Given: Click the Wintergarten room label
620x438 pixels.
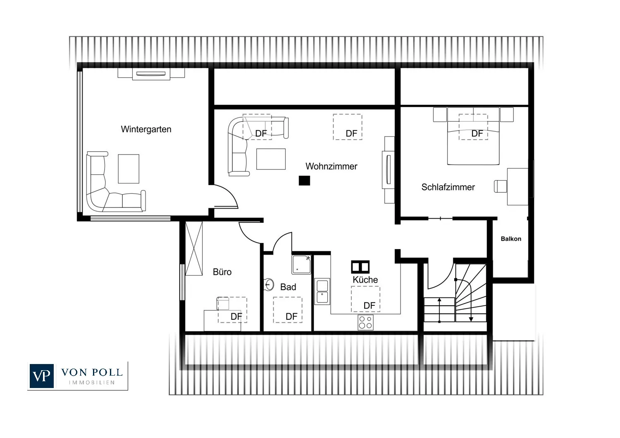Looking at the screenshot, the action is pos(146,129).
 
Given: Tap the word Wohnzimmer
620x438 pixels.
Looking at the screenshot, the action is pos(331,166).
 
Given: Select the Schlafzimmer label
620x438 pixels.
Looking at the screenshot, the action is pos(448,187).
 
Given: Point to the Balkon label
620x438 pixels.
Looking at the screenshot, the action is pos(511,239).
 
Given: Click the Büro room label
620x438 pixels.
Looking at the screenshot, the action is pos(222,272).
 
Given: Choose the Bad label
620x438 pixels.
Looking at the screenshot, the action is pos(288,287).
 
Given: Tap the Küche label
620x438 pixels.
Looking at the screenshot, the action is pos(365,279).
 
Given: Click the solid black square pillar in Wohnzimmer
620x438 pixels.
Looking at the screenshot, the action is pos(304,181).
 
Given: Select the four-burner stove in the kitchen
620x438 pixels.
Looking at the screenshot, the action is pos(366,323).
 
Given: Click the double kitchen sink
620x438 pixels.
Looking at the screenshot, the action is pos(322,291).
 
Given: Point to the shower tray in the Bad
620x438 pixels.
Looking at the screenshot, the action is pos(301,264).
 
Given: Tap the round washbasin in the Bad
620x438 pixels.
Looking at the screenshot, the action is pos(269,284).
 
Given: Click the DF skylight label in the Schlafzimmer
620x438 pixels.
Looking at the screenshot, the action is pos(477,133).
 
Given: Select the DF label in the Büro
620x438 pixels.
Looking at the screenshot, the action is pos(236,317).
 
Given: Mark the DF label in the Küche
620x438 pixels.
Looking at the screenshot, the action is pos(369,305).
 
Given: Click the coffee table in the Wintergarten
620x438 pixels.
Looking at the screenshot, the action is pos(129,169).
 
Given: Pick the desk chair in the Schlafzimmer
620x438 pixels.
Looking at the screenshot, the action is pos(501,186).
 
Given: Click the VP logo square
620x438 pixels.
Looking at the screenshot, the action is pos(41,376).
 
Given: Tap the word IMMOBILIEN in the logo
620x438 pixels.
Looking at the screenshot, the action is pos(92,383).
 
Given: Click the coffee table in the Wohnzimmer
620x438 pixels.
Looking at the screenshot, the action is pos(271,159).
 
